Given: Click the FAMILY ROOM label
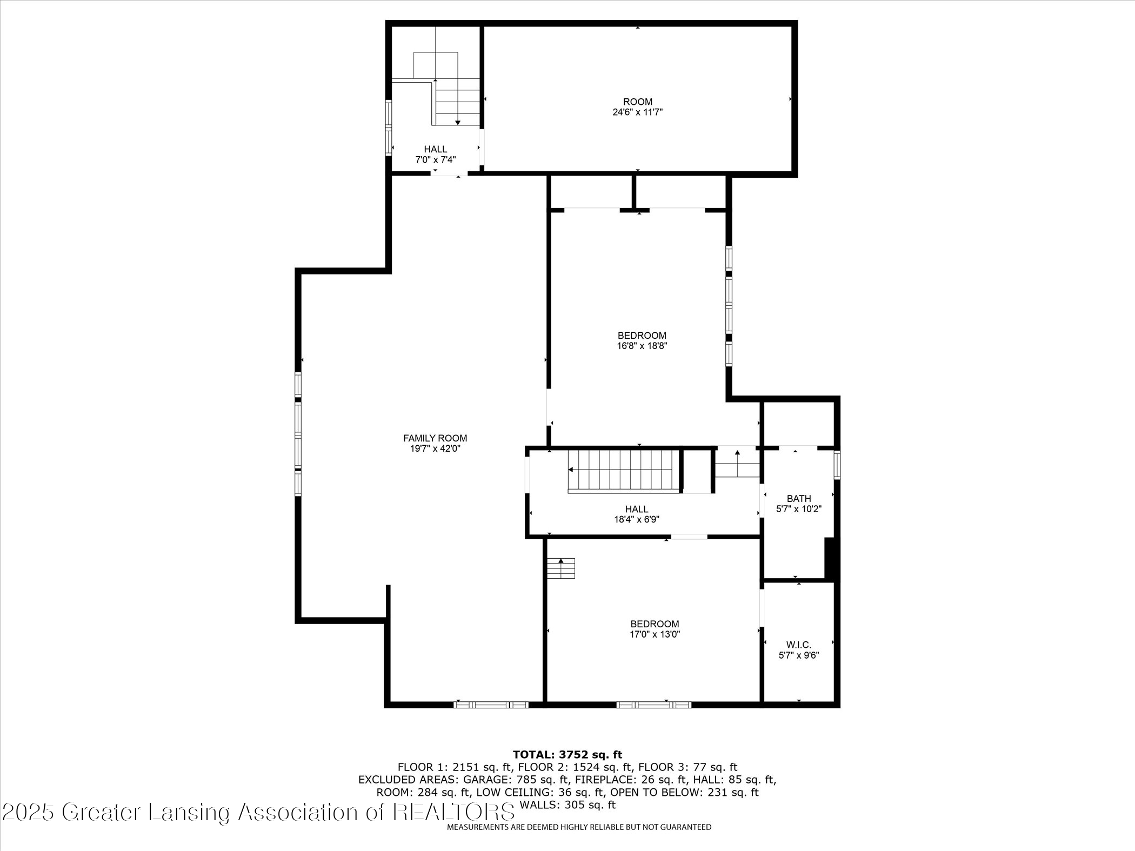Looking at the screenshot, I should (435, 438).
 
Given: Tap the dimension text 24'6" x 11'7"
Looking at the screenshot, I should (637, 112).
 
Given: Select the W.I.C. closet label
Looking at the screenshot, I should (798, 645).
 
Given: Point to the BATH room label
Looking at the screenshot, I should (798, 498).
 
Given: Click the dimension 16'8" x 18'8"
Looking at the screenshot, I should (642, 346).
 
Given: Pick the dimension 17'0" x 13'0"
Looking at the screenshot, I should (655, 634).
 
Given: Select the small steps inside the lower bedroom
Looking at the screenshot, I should (560, 568).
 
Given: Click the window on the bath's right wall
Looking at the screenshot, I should (837, 465).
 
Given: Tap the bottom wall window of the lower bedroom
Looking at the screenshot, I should (653, 705).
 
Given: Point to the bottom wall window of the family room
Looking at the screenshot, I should (491, 705).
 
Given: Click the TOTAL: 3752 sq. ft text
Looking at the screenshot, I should (567, 754).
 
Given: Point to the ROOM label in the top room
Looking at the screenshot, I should (637, 102).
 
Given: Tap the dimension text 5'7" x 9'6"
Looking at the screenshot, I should (798, 655).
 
